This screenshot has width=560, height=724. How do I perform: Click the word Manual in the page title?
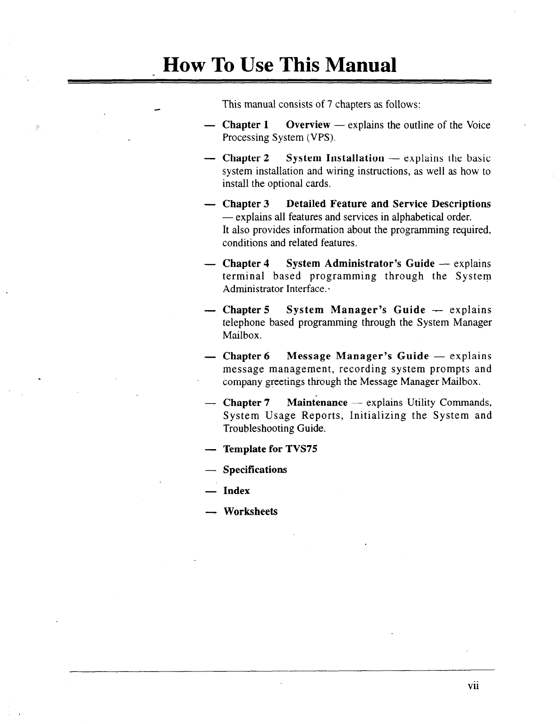click(x=358, y=65)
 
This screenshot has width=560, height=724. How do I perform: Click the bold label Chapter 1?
click(x=246, y=125)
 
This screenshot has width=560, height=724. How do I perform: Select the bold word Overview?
click(x=308, y=125)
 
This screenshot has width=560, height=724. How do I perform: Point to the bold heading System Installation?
click(x=335, y=158)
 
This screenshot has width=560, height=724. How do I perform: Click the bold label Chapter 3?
click(x=246, y=204)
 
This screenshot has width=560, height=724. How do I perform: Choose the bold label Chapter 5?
click(x=246, y=310)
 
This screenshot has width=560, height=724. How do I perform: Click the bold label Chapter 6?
click(x=246, y=356)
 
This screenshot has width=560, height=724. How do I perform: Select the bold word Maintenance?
click(x=317, y=403)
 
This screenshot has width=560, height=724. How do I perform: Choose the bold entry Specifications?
click(x=255, y=470)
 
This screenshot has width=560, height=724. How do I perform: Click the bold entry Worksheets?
click(x=250, y=512)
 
